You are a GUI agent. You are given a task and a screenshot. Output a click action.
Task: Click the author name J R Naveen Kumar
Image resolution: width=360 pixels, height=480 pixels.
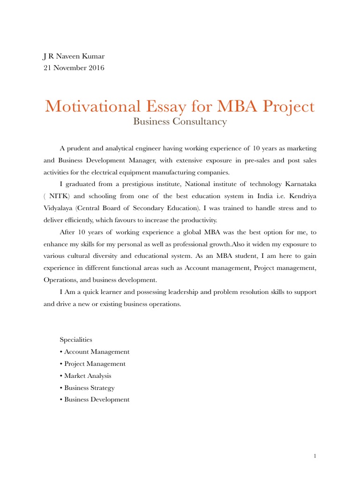[x=74, y=56]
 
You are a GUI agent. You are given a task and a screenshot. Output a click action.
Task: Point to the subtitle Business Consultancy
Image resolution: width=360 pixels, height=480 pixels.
[x=180, y=122]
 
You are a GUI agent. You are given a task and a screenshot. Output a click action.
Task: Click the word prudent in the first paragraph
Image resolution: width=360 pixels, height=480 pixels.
[x=79, y=149]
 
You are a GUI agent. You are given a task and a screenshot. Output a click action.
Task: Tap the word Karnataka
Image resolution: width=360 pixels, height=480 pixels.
[x=299, y=184]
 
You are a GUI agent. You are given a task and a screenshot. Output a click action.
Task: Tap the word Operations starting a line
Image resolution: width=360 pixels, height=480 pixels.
[x=60, y=280]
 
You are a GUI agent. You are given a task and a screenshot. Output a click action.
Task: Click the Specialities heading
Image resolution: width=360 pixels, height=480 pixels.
[x=76, y=339]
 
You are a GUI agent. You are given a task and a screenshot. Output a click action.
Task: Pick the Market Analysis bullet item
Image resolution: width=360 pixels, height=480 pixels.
[x=88, y=375]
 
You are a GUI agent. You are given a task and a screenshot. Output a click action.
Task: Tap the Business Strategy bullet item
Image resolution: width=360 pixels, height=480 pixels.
[x=89, y=388]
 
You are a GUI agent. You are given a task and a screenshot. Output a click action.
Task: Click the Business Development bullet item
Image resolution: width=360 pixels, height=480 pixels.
[x=97, y=399]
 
